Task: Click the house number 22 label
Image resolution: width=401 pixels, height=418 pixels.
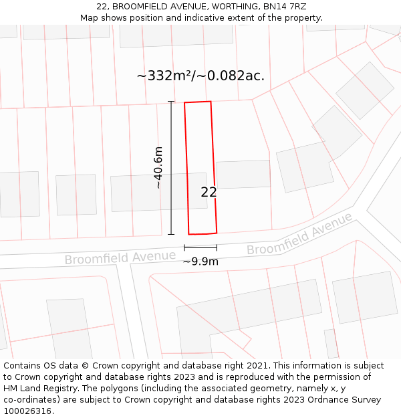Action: [x=209, y=193]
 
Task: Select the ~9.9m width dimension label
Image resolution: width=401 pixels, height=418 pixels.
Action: [x=200, y=262]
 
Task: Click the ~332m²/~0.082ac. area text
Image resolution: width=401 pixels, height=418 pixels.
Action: [x=200, y=76]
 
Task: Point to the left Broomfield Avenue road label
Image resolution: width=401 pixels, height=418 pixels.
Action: [x=111, y=257]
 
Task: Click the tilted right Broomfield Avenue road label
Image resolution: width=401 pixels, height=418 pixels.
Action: [x=299, y=234]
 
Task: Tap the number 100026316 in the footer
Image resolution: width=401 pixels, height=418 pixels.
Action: [x=27, y=411]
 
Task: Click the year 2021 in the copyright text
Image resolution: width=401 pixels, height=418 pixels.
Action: [x=258, y=366]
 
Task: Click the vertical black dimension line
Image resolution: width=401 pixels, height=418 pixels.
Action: [x=171, y=167]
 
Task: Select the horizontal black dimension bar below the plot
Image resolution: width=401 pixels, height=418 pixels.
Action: [x=200, y=247]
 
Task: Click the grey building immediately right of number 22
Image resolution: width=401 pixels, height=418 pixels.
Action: [x=243, y=174]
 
